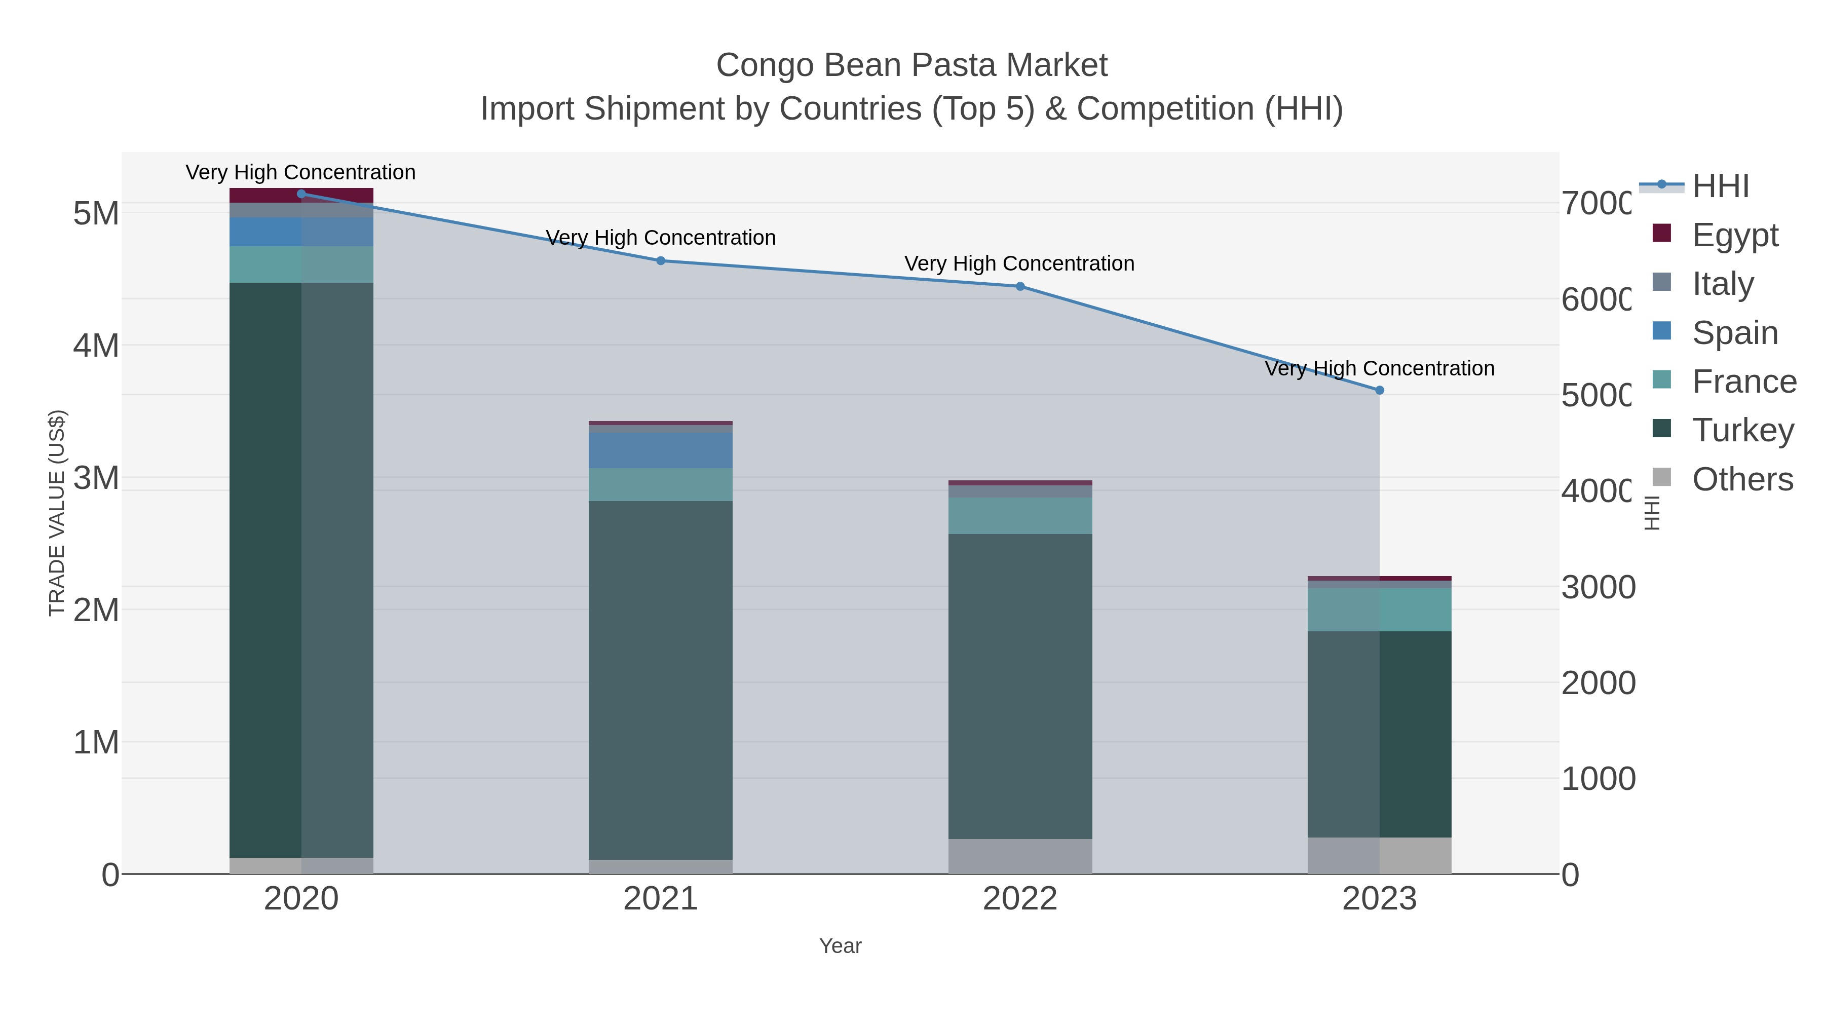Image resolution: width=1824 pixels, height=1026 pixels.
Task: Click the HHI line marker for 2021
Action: [x=661, y=260]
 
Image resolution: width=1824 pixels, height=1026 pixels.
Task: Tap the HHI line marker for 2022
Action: [x=1019, y=286]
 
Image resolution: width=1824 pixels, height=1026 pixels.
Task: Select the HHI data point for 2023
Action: [x=1379, y=390]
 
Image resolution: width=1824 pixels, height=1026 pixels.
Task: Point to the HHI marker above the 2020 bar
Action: [x=301, y=194]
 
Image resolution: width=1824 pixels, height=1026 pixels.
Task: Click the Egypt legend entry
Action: [x=1735, y=235]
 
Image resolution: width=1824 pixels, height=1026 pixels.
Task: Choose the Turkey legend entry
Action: [x=1742, y=430]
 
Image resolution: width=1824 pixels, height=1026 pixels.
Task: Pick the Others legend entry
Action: [x=1742, y=479]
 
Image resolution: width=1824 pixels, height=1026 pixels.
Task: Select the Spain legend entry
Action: [x=1735, y=333]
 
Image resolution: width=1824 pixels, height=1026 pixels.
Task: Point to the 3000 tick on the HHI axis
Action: [x=1598, y=588]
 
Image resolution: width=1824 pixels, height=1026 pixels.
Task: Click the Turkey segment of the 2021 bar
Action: [x=661, y=680]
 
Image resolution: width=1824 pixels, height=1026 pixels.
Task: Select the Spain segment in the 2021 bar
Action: [x=661, y=450]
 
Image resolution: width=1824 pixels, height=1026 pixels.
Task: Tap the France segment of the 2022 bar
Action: [x=1019, y=515]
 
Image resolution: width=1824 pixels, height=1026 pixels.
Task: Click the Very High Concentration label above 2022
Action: [x=1019, y=263]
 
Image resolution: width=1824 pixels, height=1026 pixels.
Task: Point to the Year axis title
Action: [x=841, y=946]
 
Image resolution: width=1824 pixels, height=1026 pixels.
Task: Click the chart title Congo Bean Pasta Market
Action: [x=911, y=65]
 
